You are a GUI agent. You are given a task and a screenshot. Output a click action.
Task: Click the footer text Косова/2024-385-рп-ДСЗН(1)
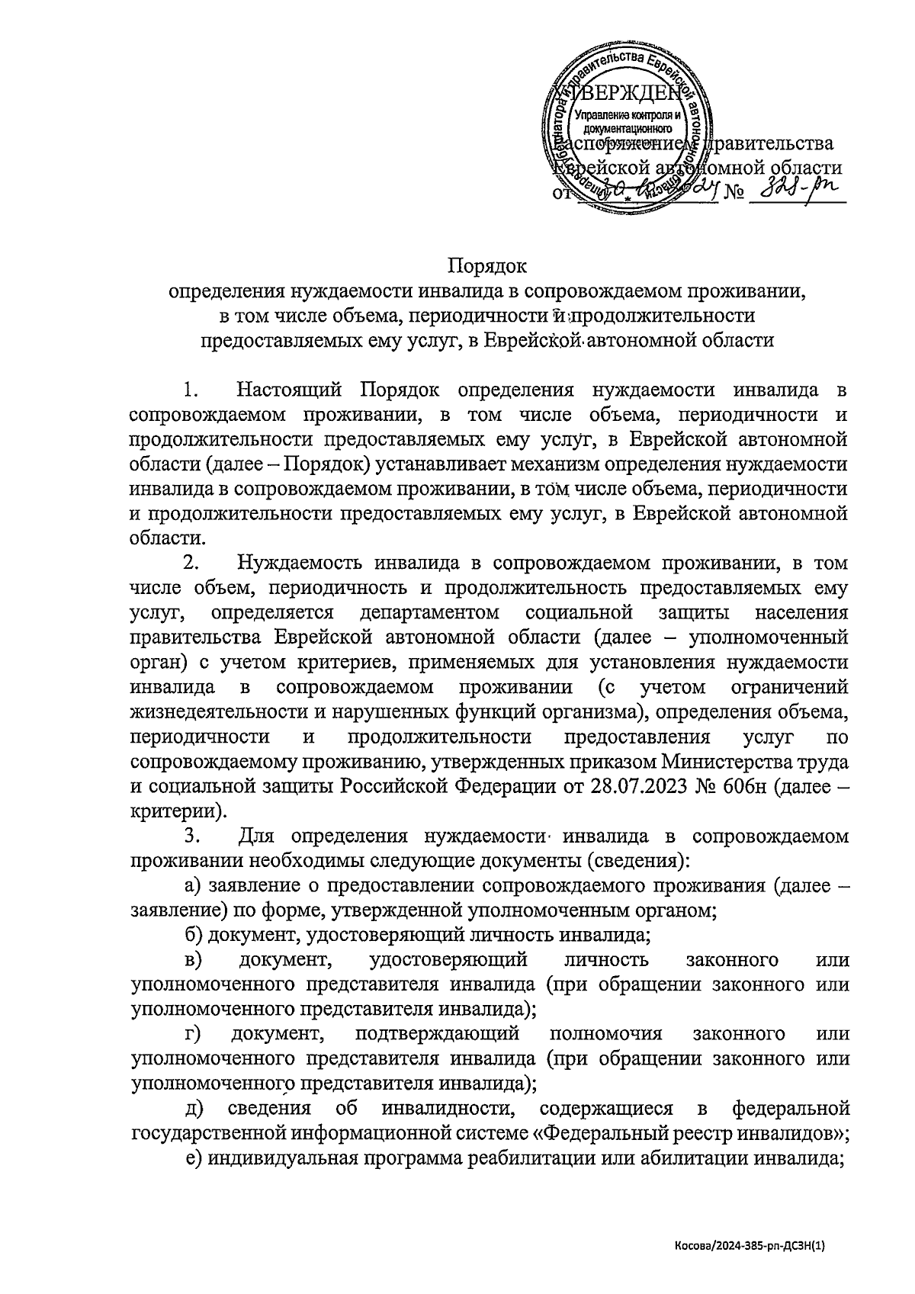point(750,1246)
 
